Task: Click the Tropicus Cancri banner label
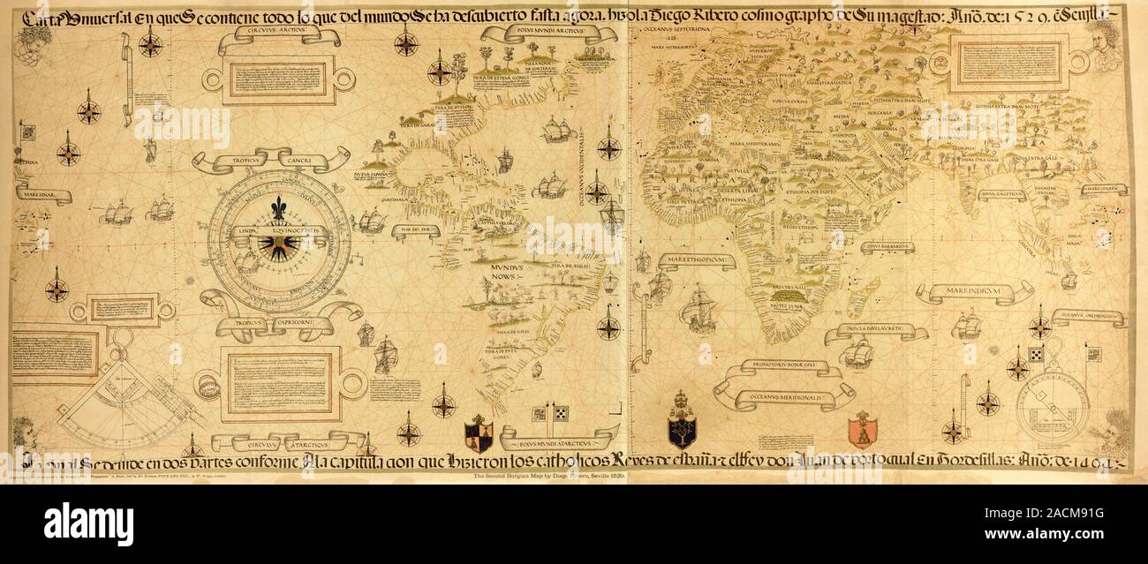[x=270, y=160]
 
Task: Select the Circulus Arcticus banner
[x=279, y=36]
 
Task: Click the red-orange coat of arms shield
[x=862, y=430]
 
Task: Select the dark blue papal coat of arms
[x=681, y=421]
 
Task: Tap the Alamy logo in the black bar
[x=88, y=522]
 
